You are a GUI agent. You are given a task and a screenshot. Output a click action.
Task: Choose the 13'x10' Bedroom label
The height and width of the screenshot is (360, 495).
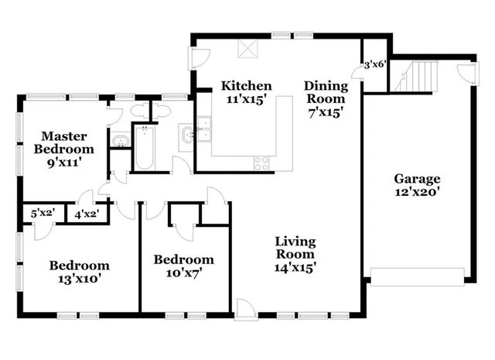pos(79,272)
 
